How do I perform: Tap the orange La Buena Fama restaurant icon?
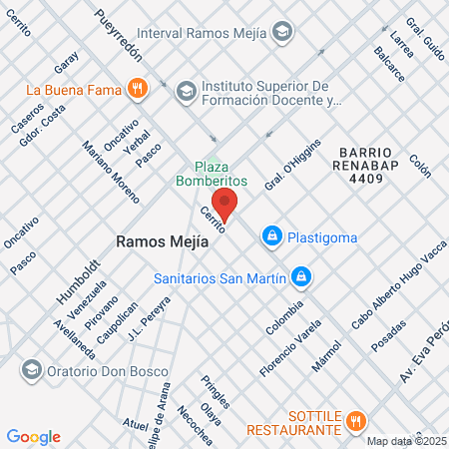click(137, 87)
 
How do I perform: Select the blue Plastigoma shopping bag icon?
click(270, 236)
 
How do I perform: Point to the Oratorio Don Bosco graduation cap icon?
click(30, 368)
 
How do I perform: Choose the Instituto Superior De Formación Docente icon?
click(186, 93)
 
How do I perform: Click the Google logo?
click(33, 436)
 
